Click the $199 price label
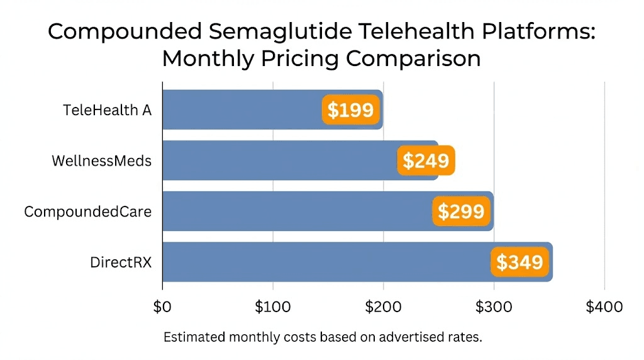(351, 110)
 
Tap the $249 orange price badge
(426, 160)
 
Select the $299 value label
(461, 211)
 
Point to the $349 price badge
(519, 262)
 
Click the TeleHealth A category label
(107, 110)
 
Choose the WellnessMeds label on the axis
(101, 160)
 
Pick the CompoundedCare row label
(87, 211)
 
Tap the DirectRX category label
(121, 262)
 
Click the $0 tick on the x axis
(162, 307)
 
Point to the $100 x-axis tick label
(272, 307)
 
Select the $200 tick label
(383, 307)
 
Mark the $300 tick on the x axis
(494, 307)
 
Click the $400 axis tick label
(604, 307)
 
